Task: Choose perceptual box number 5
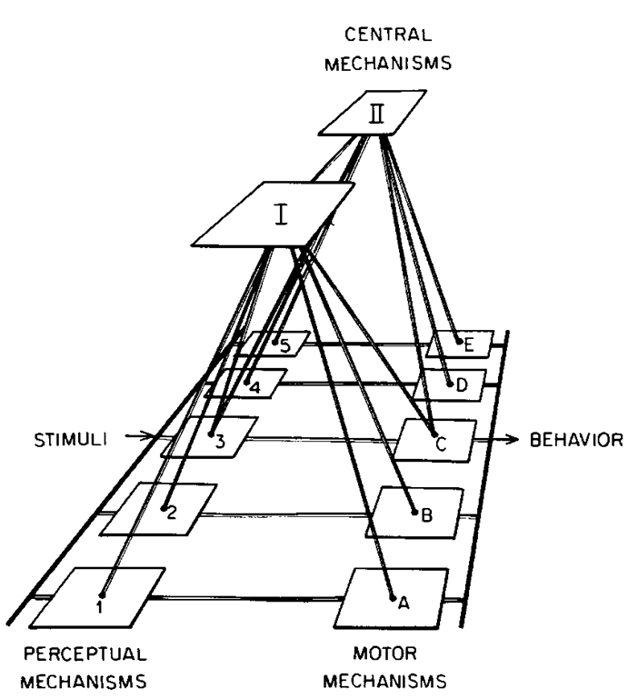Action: pos(274,344)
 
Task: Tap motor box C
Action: pos(439,440)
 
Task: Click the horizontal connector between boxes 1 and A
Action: pos(245,598)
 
